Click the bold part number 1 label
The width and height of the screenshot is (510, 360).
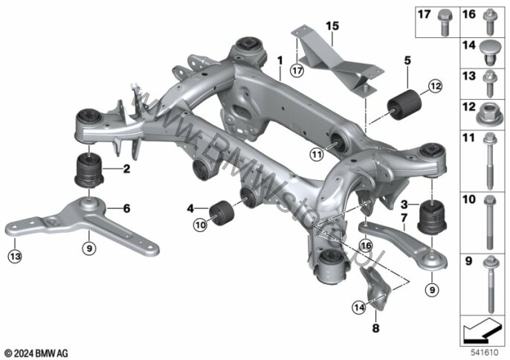280,59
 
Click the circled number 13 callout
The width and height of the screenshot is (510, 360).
16,257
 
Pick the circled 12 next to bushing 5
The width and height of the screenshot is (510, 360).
434,86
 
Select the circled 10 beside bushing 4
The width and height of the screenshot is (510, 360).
200,223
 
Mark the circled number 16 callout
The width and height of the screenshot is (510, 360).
365,245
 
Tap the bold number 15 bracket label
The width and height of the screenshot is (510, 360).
332,26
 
